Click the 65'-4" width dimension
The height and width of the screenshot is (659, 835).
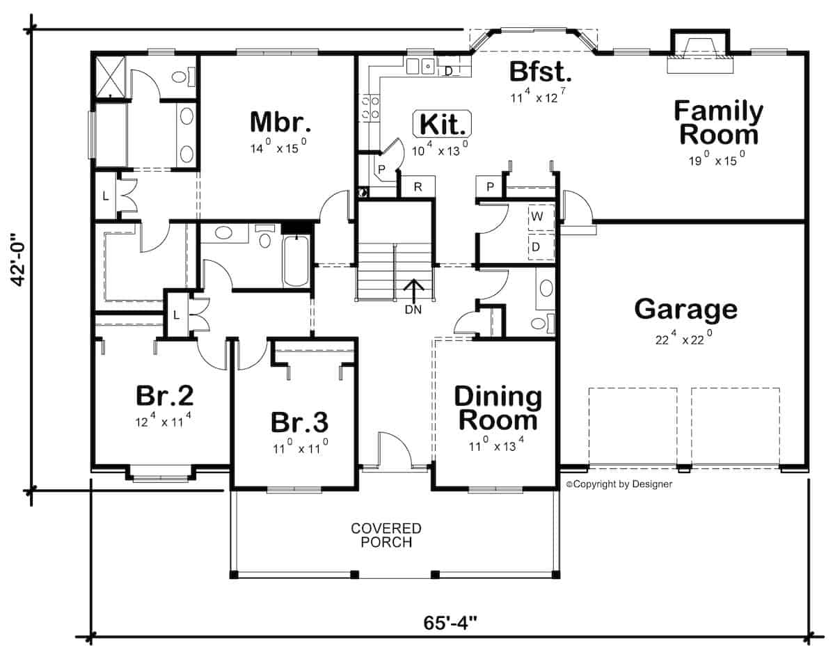coord(450,619)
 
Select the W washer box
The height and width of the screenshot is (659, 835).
coord(537,216)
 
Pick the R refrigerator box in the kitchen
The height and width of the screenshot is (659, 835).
coord(418,187)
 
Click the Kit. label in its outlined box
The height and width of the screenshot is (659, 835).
coord(443,125)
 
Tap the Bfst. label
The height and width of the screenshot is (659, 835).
coord(540,72)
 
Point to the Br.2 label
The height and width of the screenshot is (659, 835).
coord(164,395)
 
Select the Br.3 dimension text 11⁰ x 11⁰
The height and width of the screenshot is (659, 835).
coord(300,449)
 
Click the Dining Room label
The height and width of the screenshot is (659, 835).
coord(497,408)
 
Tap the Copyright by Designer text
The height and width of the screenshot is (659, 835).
coord(619,484)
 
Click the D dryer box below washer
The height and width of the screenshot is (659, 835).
coord(536,247)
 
